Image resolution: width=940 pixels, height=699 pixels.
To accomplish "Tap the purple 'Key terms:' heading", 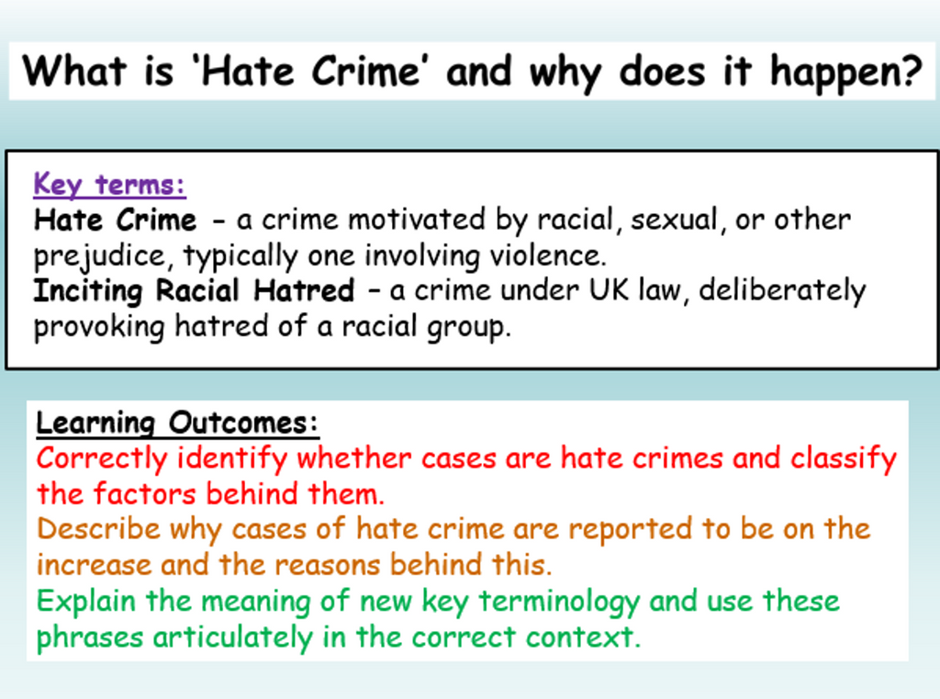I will click(x=109, y=185).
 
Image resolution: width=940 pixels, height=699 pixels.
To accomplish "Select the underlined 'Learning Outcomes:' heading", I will click(x=177, y=423).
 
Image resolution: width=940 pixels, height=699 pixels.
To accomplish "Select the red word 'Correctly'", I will click(x=102, y=458).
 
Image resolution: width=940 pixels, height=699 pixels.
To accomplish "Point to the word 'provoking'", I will click(x=100, y=326).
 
